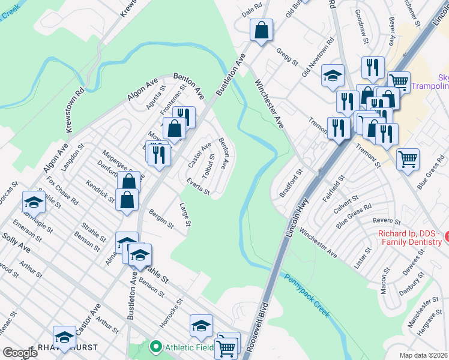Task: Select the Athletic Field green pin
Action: [x=156, y=346]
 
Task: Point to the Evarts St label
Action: [x=198, y=187]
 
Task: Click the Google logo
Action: [x=20, y=353]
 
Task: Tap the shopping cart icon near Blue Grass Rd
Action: [x=408, y=159]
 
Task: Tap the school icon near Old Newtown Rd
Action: [x=333, y=75]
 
